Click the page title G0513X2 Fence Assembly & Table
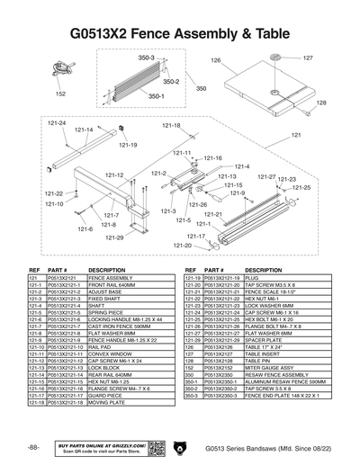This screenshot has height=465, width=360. click(x=180, y=33)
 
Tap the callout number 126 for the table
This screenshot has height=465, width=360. click(x=216, y=60)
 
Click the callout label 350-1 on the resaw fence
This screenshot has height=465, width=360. click(x=156, y=96)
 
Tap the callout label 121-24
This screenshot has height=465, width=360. click(x=56, y=122)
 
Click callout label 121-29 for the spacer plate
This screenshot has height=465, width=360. click(x=114, y=237)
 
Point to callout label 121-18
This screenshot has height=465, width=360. click(x=171, y=126)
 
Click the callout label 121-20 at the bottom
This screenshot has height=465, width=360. click(x=183, y=245)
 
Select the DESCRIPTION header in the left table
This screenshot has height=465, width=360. click(x=106, y=270)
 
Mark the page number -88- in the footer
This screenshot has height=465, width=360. click(x=33, y=447)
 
